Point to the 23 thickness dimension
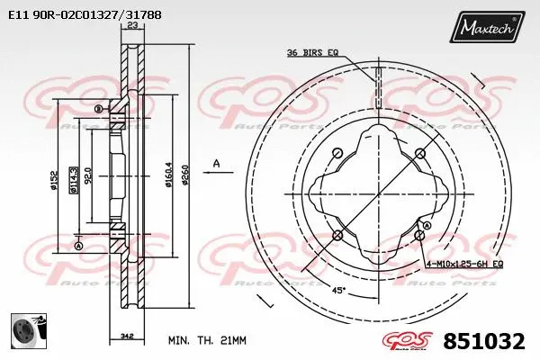coord(132,27)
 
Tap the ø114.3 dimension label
coord(74,177)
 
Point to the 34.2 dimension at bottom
coord(127,337)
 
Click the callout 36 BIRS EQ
coord(312,53)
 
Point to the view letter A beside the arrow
coord(216,162)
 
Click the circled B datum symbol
coord(98,109)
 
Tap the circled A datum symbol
coord(79,247)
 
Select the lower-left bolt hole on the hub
coord(337,235)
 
